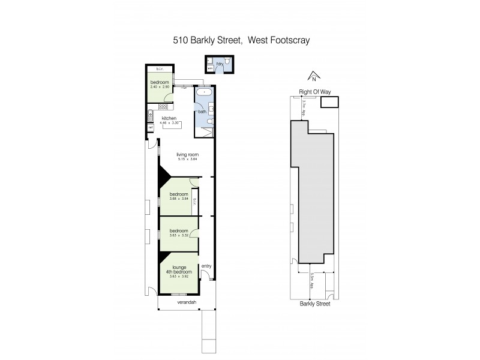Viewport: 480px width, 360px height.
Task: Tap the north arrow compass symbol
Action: (312, 77)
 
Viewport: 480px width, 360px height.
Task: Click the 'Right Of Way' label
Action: (315, 92)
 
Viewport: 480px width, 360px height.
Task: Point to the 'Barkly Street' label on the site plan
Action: (315, 304)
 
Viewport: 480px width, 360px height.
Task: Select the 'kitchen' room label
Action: (169, 118)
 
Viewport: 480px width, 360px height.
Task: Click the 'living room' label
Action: (187, 155)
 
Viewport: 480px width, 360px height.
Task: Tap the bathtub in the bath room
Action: (202, 96)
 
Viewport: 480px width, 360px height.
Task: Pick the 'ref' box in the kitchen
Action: (150, 127)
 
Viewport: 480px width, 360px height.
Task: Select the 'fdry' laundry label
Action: (220, 63)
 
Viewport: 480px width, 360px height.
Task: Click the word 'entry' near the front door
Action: (206, 266)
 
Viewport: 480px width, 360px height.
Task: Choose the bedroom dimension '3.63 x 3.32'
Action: (179, 235)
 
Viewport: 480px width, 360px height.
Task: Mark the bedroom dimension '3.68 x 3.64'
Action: (179, 199)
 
